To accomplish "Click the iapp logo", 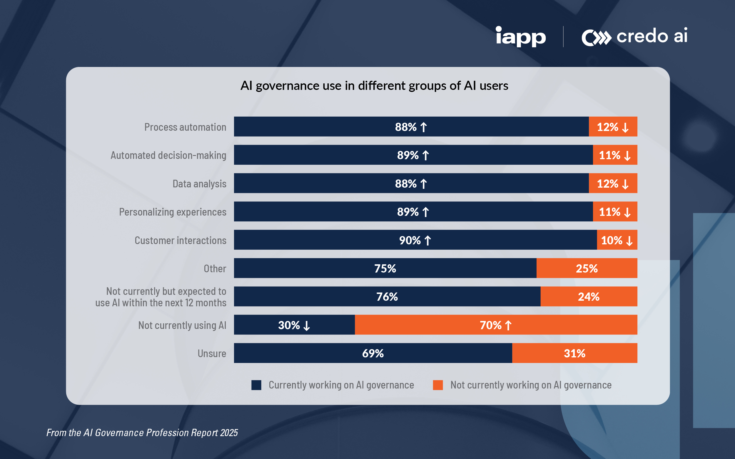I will coord(520,36).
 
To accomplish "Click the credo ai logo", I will coord(634,36).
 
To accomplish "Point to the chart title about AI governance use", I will coord(374,86).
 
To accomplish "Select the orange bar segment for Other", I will coord(587,268).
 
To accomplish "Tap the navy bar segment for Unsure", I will coord(373,353).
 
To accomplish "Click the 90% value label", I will coord(410,241).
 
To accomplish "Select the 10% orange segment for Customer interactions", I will coord(617,240).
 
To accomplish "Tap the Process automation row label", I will coord(185,127).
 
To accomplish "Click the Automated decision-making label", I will coord(168,155).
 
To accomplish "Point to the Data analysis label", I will coord(199,184).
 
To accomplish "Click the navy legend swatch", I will coord(256,385).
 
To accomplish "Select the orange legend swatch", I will coord(437,385).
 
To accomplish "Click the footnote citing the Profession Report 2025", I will coord(142,433).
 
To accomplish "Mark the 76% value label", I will coord(387,297).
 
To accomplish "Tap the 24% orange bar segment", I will coord(589,297).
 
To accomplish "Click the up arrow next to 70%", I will coord(508,325).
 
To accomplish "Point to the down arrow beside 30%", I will coord(307,326).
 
